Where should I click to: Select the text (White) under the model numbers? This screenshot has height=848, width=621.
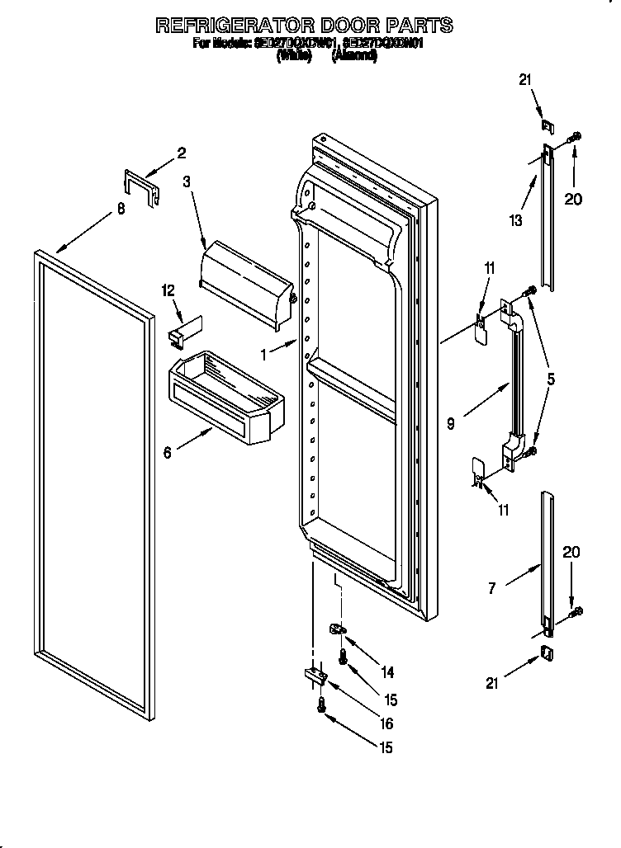[x=294, y=56]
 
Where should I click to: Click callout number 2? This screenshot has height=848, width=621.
[x=181, y=152]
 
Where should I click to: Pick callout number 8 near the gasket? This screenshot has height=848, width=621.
[x=121, y=210]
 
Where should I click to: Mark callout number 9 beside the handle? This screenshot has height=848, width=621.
[x=450, y=424]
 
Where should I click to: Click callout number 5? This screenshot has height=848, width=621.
[x=551, y=381]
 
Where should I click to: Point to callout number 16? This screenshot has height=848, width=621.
[x=386, y=724]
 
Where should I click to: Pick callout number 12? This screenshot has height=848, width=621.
[x=168, y=290]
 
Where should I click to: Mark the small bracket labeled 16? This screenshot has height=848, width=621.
[x=315, y=676]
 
